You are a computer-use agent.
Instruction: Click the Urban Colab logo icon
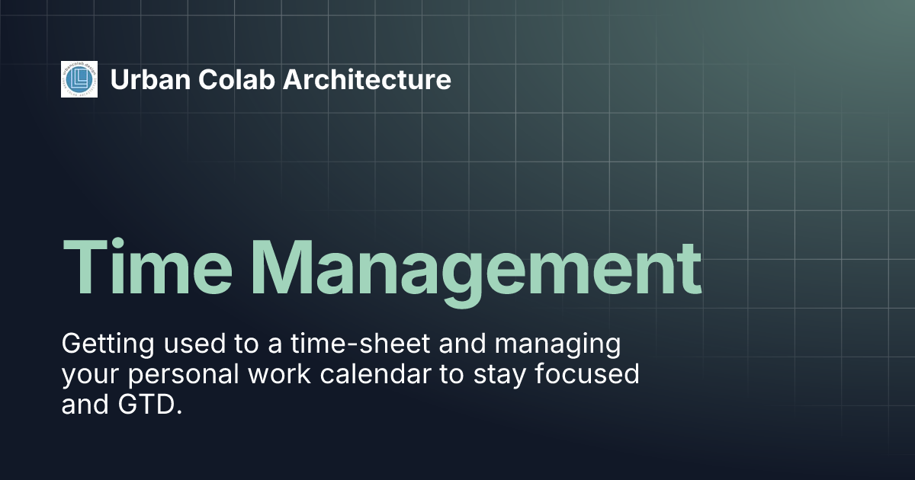click(x=79, y=79)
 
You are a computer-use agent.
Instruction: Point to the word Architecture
click(x=367, y=79)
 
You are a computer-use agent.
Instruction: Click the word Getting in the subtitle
click(x=104, y=344)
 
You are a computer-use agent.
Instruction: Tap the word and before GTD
click(x=85, y=405)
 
